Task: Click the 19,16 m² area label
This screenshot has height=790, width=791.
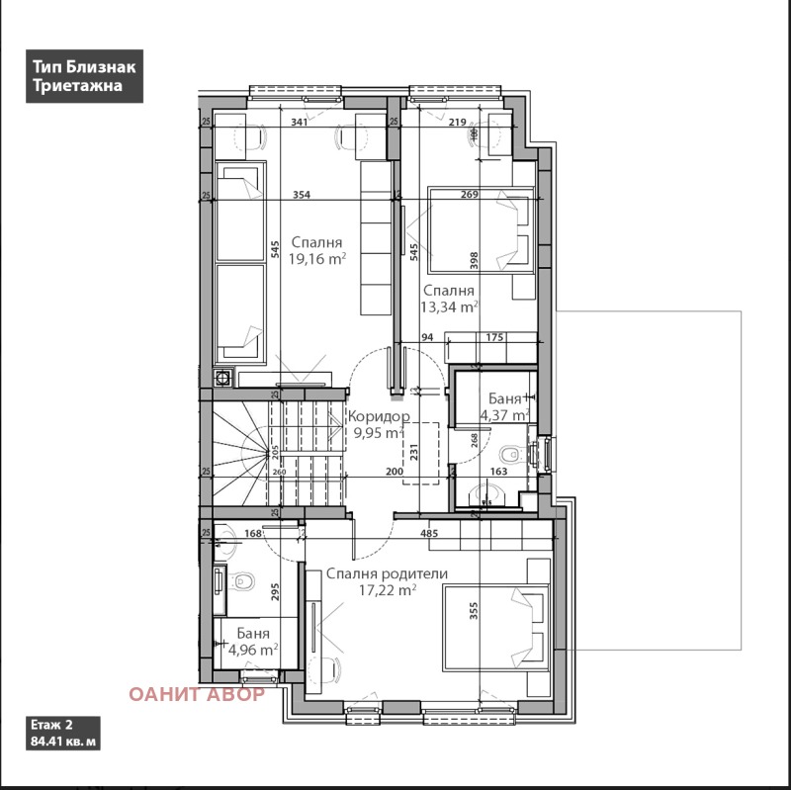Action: pos(316,260)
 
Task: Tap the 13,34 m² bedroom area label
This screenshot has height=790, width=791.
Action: pos(450,307)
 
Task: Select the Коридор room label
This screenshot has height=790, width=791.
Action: pos(378,416)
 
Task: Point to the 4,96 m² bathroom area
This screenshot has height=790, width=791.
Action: pos(252,650)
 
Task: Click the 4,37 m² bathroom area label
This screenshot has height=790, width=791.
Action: pos(502,415)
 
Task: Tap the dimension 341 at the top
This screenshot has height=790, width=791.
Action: pos(303,123)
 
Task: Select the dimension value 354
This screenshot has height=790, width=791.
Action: pos(302,196)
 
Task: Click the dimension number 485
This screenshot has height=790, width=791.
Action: pos(429,535)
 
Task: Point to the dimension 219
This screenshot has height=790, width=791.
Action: pos(457,123)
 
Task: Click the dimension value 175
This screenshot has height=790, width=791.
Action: pos(494,338)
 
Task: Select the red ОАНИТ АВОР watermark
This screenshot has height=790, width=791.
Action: pos(196,693)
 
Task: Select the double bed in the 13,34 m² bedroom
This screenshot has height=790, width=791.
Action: pos(481,229)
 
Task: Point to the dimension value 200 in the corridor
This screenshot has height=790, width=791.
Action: pos(395,473)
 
